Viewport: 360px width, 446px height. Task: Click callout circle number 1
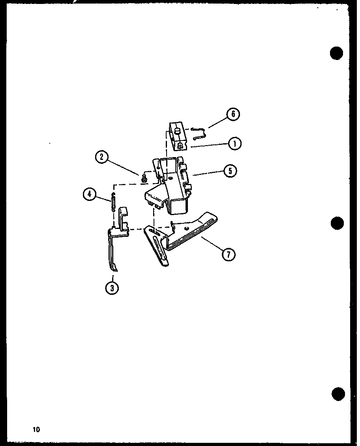(234, 144)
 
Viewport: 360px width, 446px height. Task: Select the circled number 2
(101, 157)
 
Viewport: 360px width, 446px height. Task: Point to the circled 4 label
(90, 194)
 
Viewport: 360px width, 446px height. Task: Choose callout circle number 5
(230, 171)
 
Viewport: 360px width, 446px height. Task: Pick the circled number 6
(233, 114)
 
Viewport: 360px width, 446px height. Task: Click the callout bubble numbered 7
(229, 254)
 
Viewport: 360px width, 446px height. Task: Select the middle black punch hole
(337, 223)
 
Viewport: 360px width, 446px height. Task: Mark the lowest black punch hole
(338, 394)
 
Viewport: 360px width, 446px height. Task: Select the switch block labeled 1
(177, 136)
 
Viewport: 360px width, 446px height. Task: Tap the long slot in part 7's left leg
(160, 249)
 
